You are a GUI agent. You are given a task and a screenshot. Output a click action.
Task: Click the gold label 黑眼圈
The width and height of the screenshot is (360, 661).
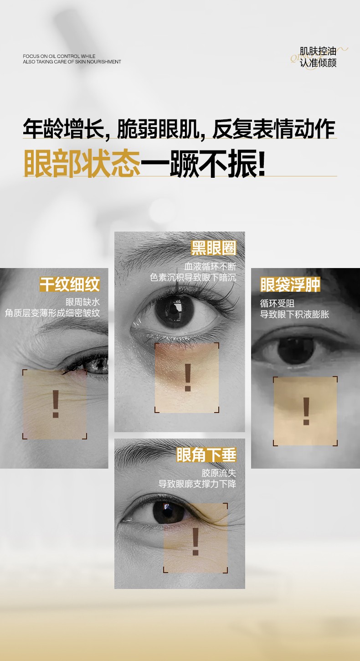[x=214, y=248]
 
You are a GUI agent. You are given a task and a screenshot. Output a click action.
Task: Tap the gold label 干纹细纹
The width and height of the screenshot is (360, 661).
[x=70, y=284]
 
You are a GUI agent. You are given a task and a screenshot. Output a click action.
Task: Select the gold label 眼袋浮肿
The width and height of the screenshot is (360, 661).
[x=290, y=284]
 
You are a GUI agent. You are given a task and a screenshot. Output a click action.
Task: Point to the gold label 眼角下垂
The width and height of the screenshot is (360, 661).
[x=206, y=455]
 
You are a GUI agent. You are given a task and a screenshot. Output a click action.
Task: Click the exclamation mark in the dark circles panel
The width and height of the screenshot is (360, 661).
[x=188, y=377]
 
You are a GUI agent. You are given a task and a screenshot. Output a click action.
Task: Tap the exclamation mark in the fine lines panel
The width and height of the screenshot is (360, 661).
[x=56, y=404]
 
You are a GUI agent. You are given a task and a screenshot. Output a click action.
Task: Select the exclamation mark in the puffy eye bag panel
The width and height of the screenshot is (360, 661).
[x=306, y=411]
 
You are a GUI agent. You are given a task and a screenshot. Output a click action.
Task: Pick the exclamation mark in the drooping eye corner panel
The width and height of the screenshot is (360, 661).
[x=195, y=542]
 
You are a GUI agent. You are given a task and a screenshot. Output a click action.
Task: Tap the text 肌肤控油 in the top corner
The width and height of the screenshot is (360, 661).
[x=318, y=52]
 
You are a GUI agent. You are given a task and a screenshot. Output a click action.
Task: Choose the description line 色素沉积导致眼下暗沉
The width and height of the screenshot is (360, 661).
[x=193, y=277]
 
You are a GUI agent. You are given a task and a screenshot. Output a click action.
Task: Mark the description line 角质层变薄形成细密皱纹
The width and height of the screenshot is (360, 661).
[x=52, y=313]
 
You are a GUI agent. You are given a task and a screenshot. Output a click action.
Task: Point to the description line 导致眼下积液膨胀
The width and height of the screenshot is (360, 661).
[x=294, y=314]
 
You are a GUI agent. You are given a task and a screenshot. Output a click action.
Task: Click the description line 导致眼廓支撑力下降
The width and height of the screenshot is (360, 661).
[x=197, y=484]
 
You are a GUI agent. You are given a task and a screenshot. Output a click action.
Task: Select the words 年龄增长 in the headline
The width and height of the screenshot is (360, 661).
[x=63, y=129]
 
